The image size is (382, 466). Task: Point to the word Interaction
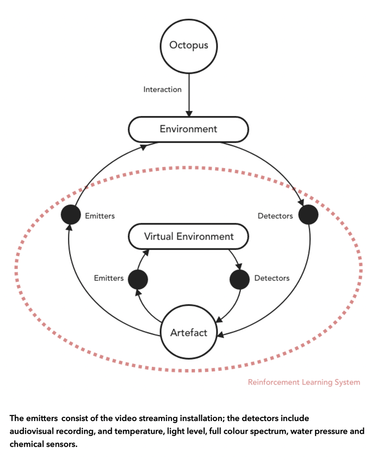pyautogui.click(x=163, y=90)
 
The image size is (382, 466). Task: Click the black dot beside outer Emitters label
pyautogui.click(x=71, y=215)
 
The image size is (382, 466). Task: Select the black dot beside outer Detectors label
pyautogui.click(x=308, y=215)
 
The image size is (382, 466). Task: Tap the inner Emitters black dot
pyautogui.click(x=138, y=279)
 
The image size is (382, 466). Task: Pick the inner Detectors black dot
pyautogui.click(x=240, y=279)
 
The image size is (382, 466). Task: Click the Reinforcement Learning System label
pyautogui.click(x=304, y=382)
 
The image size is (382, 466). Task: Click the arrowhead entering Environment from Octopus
pyautogui.click(x=189, y=113)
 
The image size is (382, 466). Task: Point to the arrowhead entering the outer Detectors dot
pyautogui.click(x=301, y=202)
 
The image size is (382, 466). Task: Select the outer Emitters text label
pyautogui.click(x=100, y=216)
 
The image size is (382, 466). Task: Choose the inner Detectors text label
pyautogui.click(x=272, y=278)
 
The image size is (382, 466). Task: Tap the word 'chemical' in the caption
pyautogui.click(x=26, y=444)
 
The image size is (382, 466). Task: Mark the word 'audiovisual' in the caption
pyautogui.click(x=32, y=431)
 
